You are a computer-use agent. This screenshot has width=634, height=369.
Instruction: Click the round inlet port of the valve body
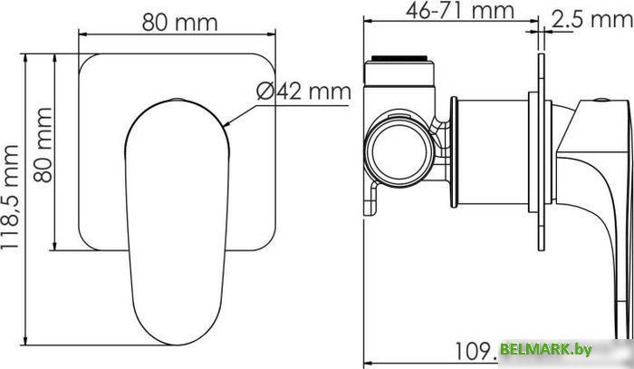pos(396,151)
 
